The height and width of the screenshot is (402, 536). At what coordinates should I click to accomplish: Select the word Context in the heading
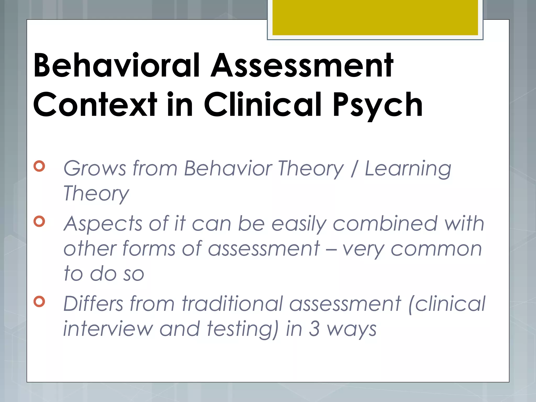click(95, 105)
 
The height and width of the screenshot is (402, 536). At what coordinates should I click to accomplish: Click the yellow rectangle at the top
click(375, 17)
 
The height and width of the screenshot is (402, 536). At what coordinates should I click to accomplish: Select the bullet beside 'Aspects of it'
click(39, 221)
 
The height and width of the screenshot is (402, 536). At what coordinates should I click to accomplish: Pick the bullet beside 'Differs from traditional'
click(39, 301)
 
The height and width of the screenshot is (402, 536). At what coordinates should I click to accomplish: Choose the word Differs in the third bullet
click(93, 304)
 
